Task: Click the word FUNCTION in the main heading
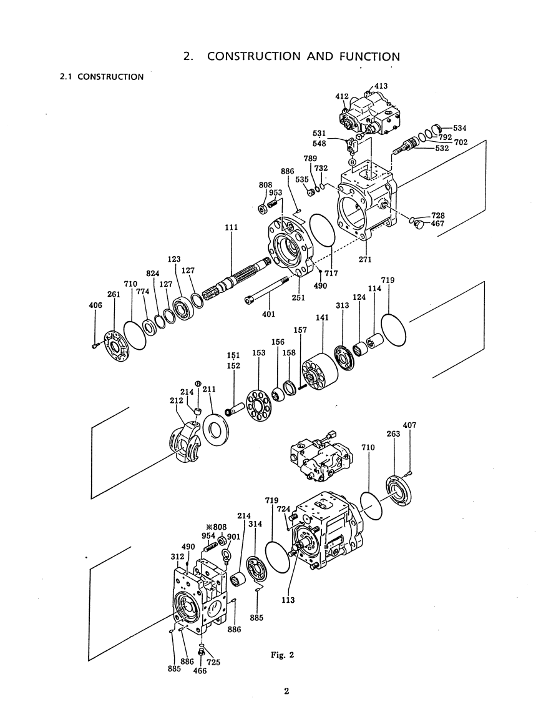click(369, 57)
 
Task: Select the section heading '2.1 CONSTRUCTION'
click(102, 77)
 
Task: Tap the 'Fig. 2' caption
click(283, 655)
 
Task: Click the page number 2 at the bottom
click(286, 692)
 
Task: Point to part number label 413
click(381, 86)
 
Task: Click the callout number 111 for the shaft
click(231, 227)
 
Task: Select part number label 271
click(365, 259)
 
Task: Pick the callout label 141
click(322, 318)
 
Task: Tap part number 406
click(95, 305)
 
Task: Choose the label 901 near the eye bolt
click(233, 537)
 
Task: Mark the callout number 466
click(200, 671)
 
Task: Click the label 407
click(409, 425)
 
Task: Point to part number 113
click(288, 600)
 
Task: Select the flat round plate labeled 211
click(215, 429)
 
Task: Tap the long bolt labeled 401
click(266, 290)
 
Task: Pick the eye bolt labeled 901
click(227, 557)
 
